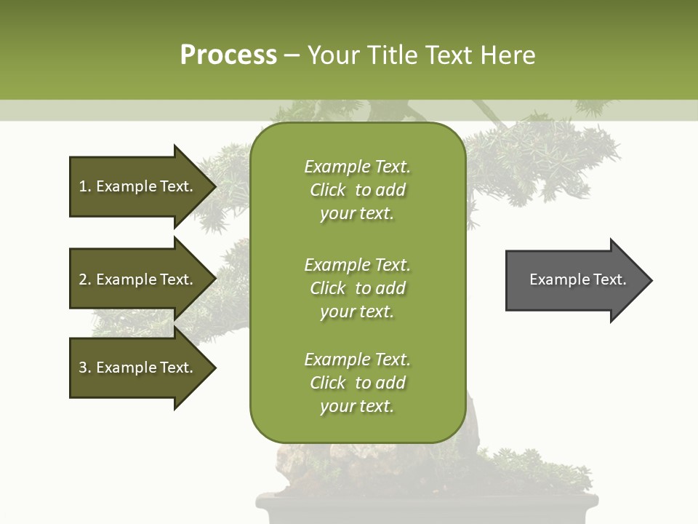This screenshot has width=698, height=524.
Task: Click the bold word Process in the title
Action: [x=228, y=55]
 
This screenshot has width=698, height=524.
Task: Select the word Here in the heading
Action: [x=508, y=55]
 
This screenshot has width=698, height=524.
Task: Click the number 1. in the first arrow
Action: [x=85, y=186]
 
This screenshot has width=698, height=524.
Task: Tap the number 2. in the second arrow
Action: [x=85, y=279]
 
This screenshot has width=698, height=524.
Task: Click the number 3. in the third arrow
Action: [x=85, y=368]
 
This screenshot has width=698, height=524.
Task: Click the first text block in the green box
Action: [x=357, y=190]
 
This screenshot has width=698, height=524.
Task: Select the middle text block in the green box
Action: [x=357, y=288]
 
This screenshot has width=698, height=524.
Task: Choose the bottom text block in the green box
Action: [x=357, y=383]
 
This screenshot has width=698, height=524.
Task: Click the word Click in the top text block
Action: [x=328, y=190]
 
